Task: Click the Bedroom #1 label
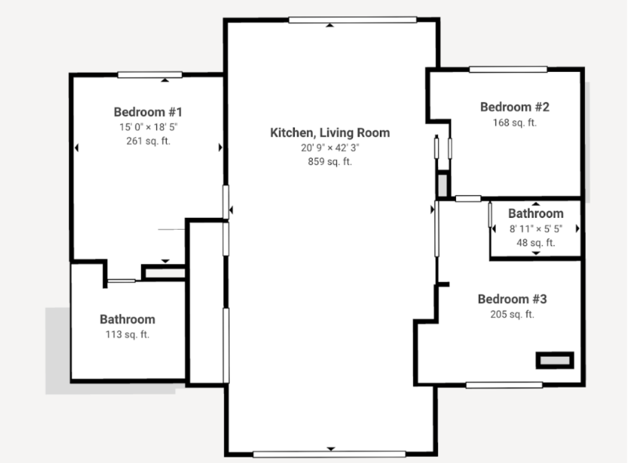pos(148,112)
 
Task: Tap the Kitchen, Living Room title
pos(330,133)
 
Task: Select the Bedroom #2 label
pos(515,107)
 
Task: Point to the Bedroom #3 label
pos(512,300)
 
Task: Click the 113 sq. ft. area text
pos(128,335)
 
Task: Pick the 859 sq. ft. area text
pos(330,162)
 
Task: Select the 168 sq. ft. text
pos(515,123)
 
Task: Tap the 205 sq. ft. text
pos(512,315)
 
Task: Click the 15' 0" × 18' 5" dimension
pos(148,127)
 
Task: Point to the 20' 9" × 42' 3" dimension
pos(330,148)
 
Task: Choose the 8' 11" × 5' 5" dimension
pos(535,229)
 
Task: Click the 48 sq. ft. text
pos(535,243)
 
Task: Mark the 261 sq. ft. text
pos(148,141)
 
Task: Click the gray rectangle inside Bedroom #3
pos(555,360)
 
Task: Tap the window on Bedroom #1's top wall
pos(149,75)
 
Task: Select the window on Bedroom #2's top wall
pos(508,69)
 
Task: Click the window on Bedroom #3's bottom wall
pos(504,385)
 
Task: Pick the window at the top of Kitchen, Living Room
pos(352,20)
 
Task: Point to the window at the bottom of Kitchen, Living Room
pos(330,454)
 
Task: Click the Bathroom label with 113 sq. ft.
pos(128,320)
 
